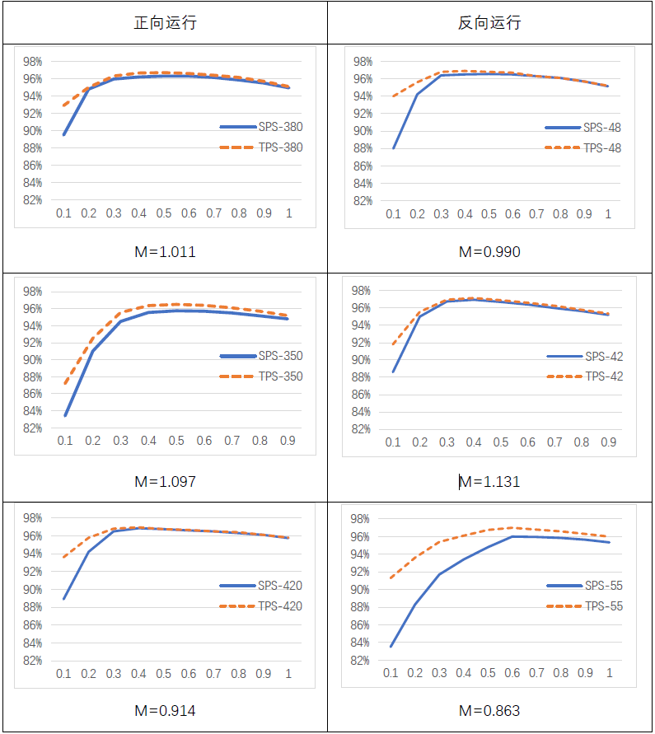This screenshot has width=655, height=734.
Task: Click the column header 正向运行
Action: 165,23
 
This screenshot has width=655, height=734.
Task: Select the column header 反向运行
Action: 489,23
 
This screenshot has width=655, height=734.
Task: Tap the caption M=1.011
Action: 165,252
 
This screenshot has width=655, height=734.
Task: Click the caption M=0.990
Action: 489,252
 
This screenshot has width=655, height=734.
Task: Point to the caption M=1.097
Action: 165,481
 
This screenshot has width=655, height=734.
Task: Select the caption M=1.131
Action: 489,481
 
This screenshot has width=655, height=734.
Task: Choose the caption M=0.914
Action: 165,710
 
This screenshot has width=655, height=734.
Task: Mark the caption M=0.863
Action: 489,710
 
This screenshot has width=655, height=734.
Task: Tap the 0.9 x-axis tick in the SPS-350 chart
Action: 288,441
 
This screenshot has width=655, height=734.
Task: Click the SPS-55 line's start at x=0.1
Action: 391,646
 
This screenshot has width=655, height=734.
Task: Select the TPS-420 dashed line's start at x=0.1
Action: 63,557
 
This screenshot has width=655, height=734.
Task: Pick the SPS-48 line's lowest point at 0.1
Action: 394,148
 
